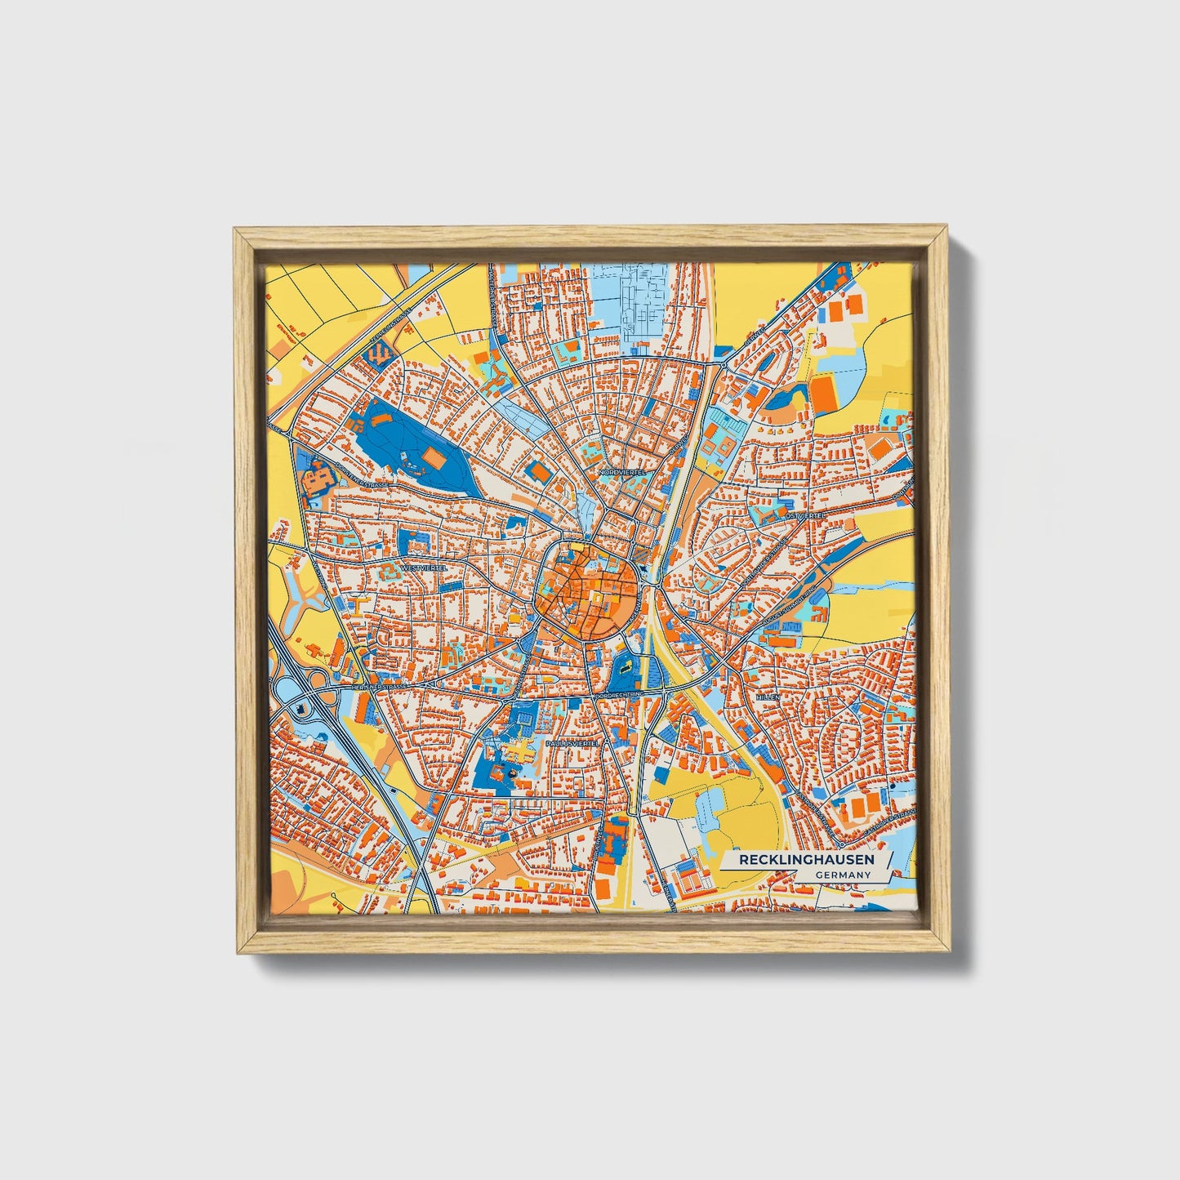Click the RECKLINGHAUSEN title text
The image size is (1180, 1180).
click(x=806, y=860)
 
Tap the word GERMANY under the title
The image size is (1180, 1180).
click(x=842, y=875)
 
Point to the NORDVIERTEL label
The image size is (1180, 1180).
click(x=622, y=472)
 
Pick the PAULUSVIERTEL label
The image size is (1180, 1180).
click(x=572, y=744)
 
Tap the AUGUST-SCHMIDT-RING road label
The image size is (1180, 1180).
click(x=789, y=608)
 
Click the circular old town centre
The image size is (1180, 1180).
click(x=587, y=586)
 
